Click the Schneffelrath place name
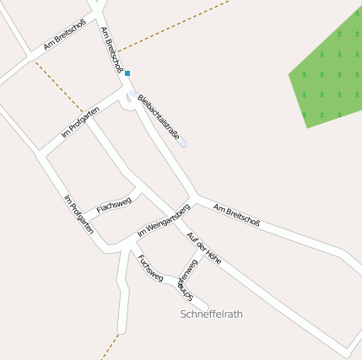click(212, 314)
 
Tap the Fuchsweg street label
click(150, 266)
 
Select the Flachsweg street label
click(113, 205)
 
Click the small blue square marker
click(127, 73)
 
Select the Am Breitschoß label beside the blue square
click(112, 49)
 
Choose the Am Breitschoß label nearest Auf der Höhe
click(237, 215)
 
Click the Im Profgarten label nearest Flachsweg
click(78, 213)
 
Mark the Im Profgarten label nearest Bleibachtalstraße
click(80, 123)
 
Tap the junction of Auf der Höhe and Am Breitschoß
click(193, 201)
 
